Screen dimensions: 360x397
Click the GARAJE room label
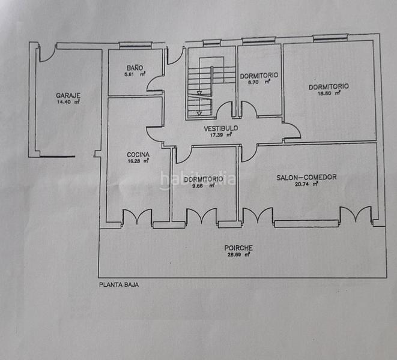point(68,95)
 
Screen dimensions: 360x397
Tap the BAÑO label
point(135,67)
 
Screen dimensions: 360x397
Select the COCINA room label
point(138,154)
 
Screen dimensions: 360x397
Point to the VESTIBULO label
point(220,128)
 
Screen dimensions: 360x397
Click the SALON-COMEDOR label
point(306,177)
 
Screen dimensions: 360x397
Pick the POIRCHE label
point(238,247)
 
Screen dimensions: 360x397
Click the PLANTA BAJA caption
point(119,286)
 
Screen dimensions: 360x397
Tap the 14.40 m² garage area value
point(68,102)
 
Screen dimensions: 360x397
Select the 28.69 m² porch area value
point(238,255)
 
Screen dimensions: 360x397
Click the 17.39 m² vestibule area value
point(220,135)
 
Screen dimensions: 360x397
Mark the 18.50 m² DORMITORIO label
point(329,86)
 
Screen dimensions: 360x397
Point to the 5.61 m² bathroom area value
point(135,74)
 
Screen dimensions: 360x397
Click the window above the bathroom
point(135,44)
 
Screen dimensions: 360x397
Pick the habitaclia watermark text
point(197,179)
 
